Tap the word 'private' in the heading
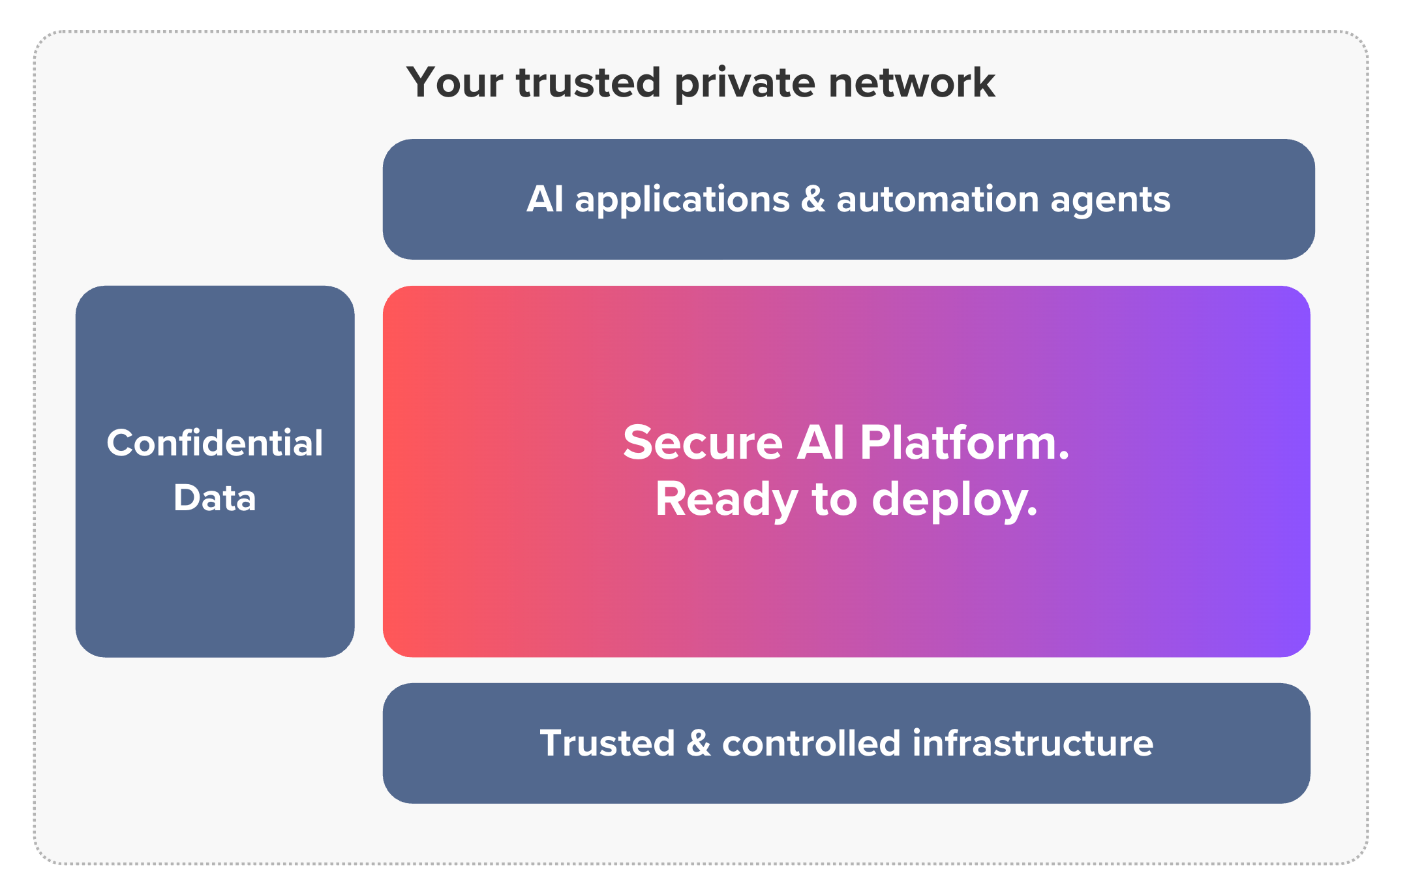coord(744,84)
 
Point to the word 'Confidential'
coord(215,444)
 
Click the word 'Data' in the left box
coord(215,498)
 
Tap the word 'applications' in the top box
coord(682,200)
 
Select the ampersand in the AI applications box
coord(813,199)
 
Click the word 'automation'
coord(937,199)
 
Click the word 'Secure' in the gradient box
coord(703,443)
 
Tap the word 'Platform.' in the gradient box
coord(964,443)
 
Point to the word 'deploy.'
coord(954,500)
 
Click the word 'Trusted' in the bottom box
coord(607,743)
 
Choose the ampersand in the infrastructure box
coord(699,743)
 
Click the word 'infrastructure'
coord(1033,743)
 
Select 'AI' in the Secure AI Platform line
coord(821,443)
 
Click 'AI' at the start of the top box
coord(545,199)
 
